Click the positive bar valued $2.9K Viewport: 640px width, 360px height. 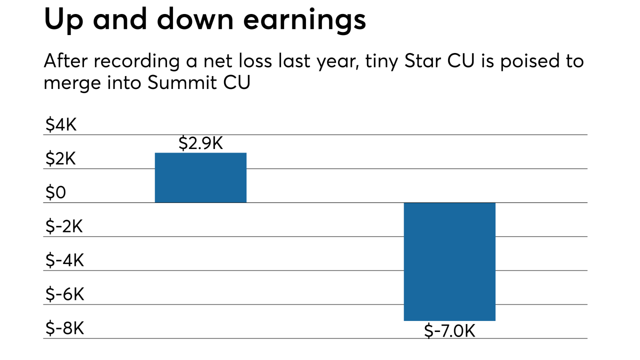pyautogui.click(x=200, y=177)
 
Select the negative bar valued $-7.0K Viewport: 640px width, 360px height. pyautogui.click(x=449, y=261)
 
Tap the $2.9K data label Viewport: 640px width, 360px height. pyautogui.click(x=200, y=144)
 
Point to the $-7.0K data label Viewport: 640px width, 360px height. pyautogui.click(x=449, y=330)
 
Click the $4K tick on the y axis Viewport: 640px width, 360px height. pyautogui.click(x=61, y=125)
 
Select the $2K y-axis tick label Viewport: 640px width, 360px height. pyautogui.click(x=61, y=159)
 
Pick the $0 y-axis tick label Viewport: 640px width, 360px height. pyautogui.click(x=55, y=193)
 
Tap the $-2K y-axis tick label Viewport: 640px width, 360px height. pyautogui.click(x=64, y=227)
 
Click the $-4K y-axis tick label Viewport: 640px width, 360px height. pyautogui.click(x=64, y=261)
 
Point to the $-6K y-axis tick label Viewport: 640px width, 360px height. pyautogui.click(x=64, y=295)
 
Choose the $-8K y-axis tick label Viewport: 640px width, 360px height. pyautogui.click(x=64, y=329)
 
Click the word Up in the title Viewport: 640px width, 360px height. pyautogui.click(x=62, y=20)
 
